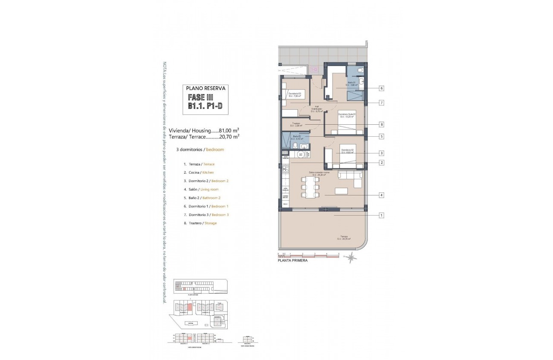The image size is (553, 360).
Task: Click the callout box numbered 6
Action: point(381,88)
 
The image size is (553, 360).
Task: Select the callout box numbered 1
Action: point(381,215)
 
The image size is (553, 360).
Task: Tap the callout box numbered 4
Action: point(381,195)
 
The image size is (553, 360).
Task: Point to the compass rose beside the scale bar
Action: point(352,258)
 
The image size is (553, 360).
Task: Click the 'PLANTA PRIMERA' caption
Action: point(293,260)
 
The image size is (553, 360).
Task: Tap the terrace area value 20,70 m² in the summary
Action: point(229,137)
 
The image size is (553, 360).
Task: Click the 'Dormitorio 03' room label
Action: point(295,94)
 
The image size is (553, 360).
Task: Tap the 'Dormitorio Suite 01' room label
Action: point(347,115)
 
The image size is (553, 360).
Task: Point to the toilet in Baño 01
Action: point(360,70)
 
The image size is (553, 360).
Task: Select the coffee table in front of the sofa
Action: point(341,191)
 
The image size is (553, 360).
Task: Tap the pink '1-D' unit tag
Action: point(314,69)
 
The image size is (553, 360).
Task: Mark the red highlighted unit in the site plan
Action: point(189,307)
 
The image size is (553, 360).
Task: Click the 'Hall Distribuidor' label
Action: point(317,109)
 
